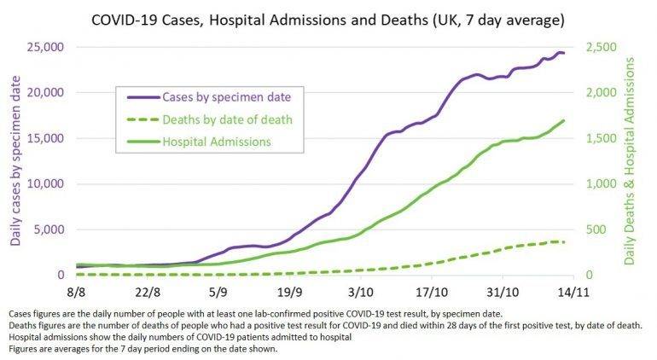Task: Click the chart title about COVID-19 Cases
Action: tap(328, 18)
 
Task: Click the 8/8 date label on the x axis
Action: tap(75, 292)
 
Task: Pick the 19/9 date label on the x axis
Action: tap(290, 292)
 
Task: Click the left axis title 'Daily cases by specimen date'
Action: tap(15, 160)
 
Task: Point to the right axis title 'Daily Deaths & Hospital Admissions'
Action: tap(632, 160)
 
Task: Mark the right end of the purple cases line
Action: tap(564, 54)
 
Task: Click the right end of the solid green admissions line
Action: tap(564, 120)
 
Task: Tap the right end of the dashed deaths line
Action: tap(564, 242)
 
